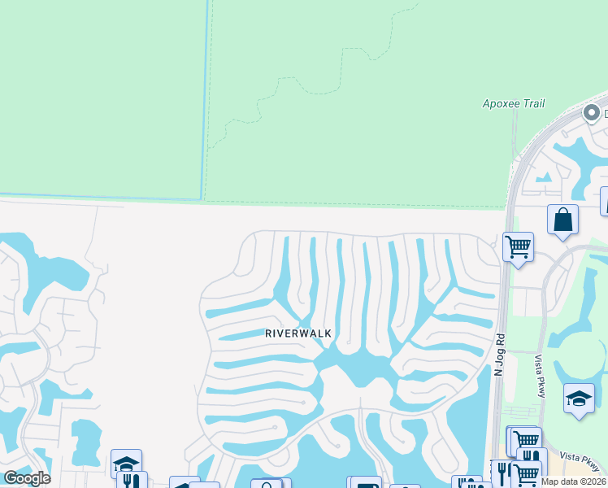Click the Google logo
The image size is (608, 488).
point(27,478)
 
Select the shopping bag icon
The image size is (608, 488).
point(562,220)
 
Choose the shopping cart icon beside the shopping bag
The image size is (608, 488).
point(518,245)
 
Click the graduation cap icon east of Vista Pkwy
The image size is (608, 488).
point(578,399)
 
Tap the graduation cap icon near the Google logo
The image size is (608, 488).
point(126,463)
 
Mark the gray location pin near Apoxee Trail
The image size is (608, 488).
point(593,114)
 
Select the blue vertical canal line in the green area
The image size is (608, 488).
point(205,98)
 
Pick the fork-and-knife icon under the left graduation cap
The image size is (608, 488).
point(131,480)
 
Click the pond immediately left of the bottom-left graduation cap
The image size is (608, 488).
point(85,443)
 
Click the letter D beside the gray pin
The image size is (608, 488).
point(606,114)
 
